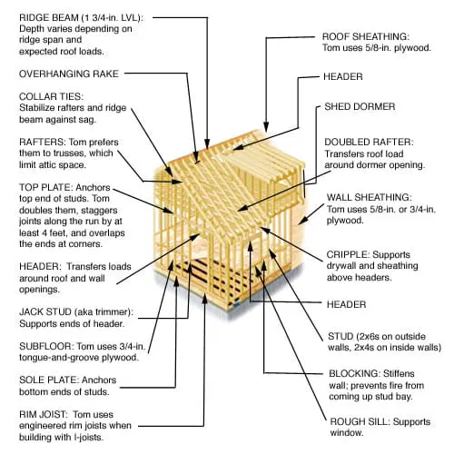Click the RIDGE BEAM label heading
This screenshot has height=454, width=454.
pos(50,17)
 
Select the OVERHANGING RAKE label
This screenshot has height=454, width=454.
pos(69,74)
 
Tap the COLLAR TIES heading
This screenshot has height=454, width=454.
pos(51,96)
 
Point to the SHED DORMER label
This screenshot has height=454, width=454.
pos(360,106)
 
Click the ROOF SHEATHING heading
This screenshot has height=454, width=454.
pos(366,36)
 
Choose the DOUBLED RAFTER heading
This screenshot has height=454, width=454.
pos(369,142)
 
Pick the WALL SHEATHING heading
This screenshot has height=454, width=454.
pos(369,197)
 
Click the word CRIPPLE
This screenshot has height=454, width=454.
pos(347,254)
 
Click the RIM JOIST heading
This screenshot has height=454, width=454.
pos(44,414)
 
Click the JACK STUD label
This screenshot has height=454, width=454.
pos(45,311)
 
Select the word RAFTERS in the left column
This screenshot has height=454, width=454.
pos(41,142)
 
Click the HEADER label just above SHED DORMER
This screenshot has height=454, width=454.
pos(343,76)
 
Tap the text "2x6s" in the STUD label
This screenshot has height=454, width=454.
pos(369,336)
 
